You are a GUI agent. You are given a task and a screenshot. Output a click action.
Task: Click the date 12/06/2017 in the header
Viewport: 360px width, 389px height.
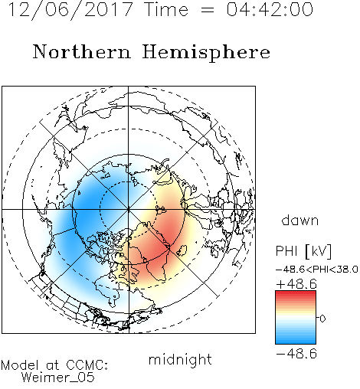coord(70,10)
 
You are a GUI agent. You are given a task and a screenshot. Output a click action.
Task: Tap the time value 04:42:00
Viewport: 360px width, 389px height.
coord(270,9)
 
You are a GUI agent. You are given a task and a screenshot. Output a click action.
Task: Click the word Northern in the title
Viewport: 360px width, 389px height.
coord(82,51)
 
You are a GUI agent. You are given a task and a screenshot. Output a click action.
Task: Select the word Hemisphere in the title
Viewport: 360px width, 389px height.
coord(206,53)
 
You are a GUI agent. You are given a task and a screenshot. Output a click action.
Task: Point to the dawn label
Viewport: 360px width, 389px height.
coord(300,221)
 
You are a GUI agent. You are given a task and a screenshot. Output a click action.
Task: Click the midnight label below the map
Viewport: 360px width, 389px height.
coord(180,360)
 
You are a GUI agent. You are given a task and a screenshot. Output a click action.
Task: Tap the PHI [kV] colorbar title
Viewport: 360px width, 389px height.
coord(303,251)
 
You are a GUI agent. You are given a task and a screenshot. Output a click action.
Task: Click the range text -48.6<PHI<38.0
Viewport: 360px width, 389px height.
coord(316,270)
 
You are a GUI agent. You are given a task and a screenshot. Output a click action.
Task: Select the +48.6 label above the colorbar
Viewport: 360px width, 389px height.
coord(296,284)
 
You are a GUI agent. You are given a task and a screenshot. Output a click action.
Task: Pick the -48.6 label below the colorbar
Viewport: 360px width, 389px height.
coord(296,354)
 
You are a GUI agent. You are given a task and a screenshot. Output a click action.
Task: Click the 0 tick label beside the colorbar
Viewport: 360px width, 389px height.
coord(322,319)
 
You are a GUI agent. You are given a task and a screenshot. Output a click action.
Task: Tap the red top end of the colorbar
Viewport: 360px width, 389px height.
coord(296,293)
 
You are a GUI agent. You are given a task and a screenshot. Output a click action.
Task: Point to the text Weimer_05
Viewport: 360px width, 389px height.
coord(58,377)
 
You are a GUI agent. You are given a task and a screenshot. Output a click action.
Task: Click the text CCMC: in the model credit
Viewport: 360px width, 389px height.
coord(87,365)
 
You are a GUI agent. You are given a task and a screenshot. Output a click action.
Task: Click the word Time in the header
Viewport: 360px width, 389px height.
coord(166,9)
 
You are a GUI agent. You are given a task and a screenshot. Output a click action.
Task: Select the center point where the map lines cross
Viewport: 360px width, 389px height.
coord(128,209)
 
